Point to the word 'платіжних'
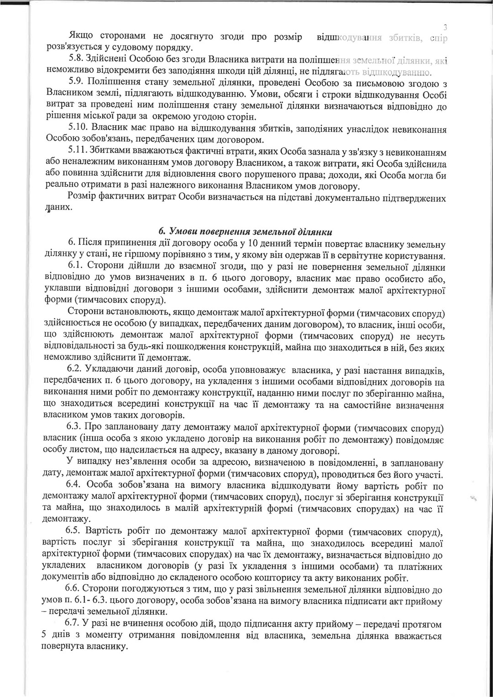coord(421,567)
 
